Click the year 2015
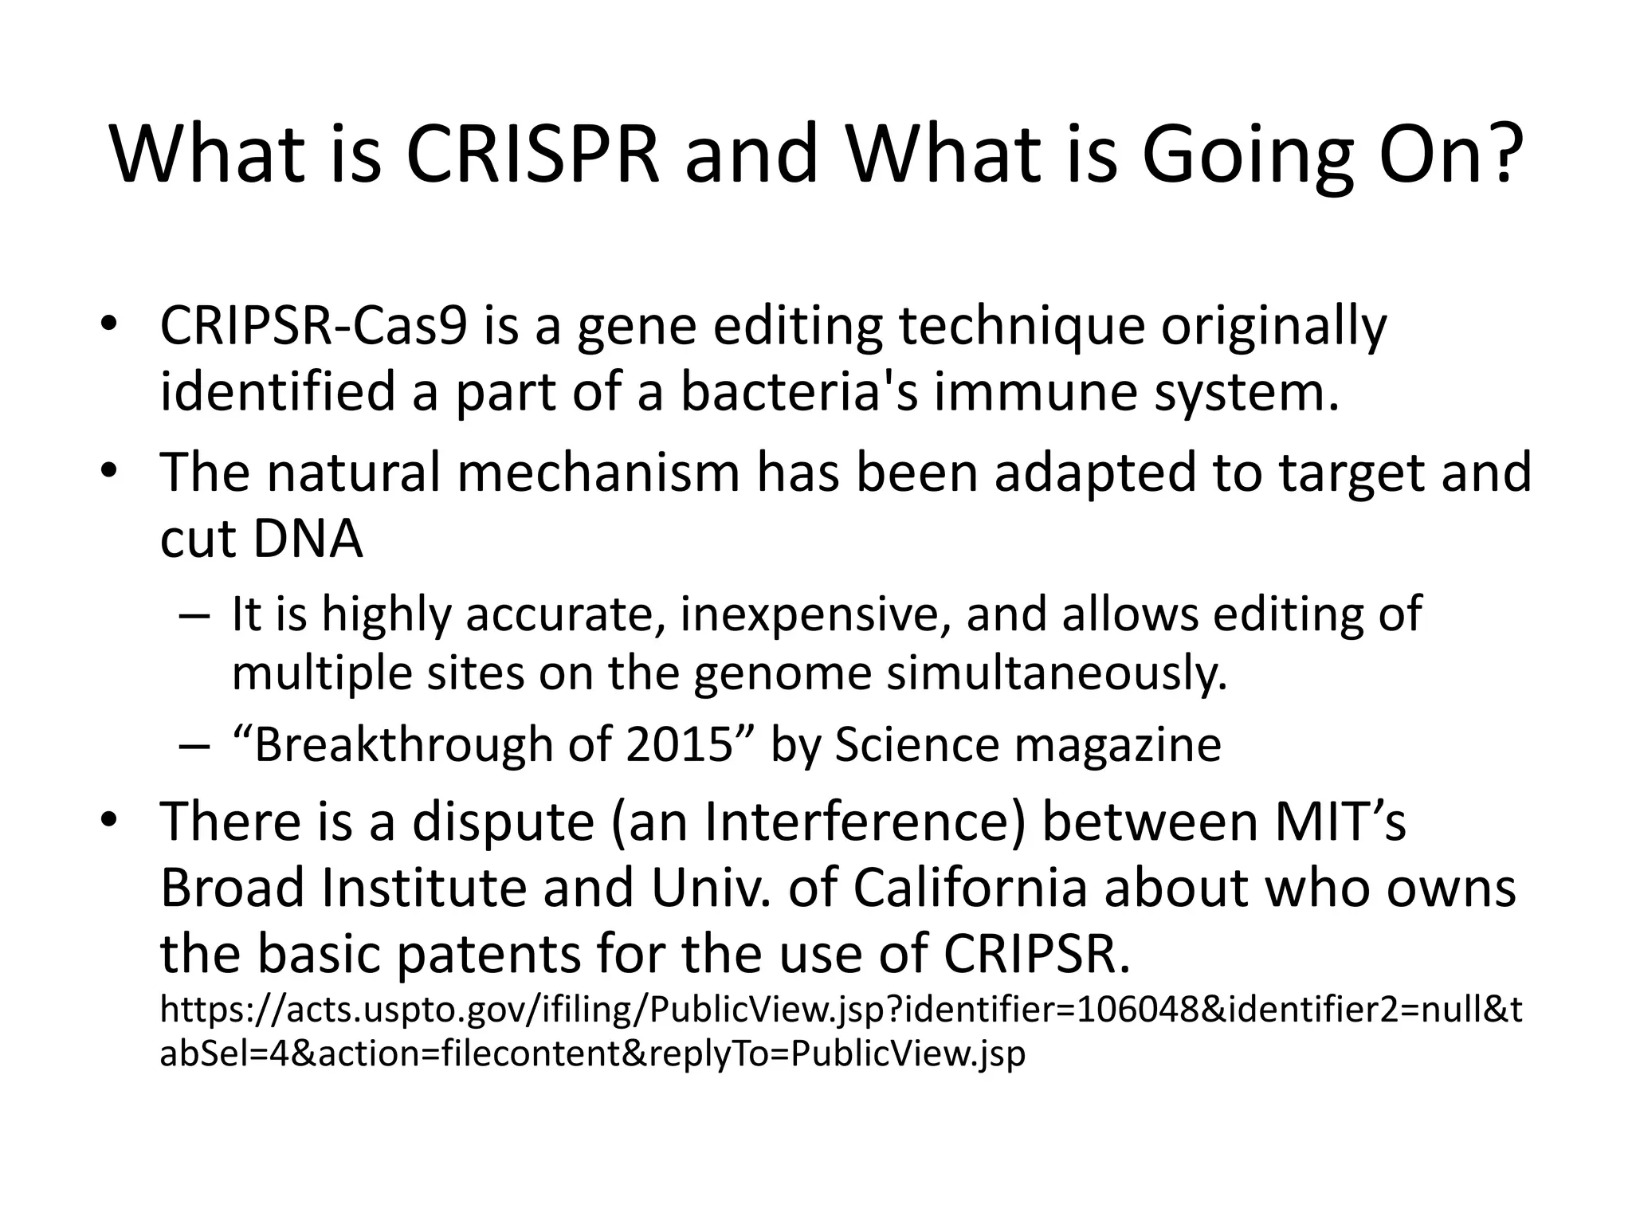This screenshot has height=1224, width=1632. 679,745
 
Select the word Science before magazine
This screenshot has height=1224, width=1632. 916,745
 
